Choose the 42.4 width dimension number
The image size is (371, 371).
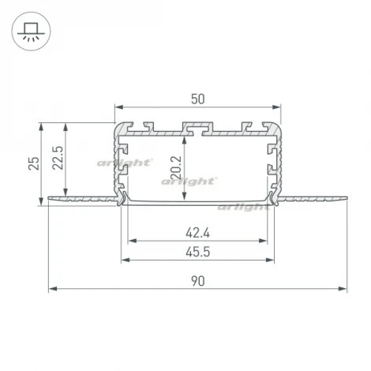pyautogui.click(x=198, y=232)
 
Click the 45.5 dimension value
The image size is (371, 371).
pyautogui.click(x=198, y=252)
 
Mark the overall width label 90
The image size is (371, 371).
pyautogui.click(x=198, y=281)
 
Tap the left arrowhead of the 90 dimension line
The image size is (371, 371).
pyautogui.click(x=52, y=289)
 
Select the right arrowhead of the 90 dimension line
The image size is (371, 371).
pyautogui.click(x=344, y=289)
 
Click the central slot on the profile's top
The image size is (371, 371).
pyautogui.click(x=198, y=126)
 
